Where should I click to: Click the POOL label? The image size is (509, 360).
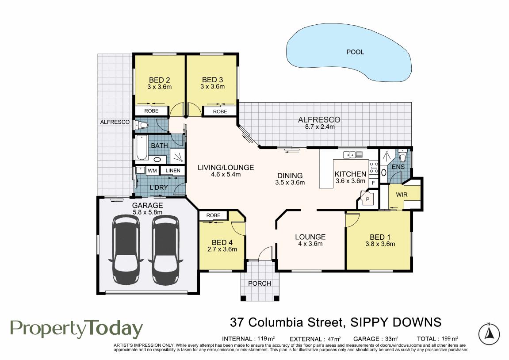click(355, 52)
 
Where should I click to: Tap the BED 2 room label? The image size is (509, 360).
click(159, 80)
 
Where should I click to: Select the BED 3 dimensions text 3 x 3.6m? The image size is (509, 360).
click(213, 87)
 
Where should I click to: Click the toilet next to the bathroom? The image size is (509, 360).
click(142, 125)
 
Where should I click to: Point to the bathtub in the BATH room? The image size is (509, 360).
click(142, 147)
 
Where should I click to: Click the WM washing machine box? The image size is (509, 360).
click(152, 170)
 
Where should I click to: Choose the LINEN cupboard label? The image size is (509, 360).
click(173, 170)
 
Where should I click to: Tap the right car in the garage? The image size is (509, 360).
click(165, 249)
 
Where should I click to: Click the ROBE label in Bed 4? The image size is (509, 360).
click(213, 215)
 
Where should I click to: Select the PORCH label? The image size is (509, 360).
click(260, 283)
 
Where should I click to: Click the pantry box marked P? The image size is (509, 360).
click(368, 199)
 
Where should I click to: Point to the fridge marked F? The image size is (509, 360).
click(374, 183)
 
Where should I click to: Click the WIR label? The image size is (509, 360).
click(402, 195)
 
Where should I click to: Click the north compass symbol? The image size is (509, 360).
click(489, 334)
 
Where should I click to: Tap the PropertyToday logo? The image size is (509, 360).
click(77, 329)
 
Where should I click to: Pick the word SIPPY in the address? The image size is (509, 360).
click(367, 322)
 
